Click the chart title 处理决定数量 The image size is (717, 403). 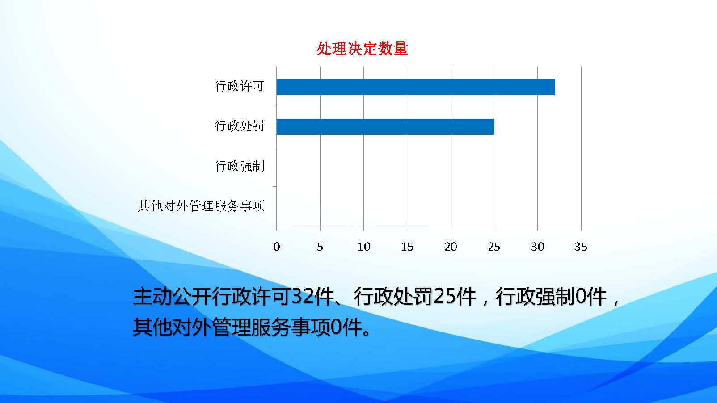click(x=362, y=49)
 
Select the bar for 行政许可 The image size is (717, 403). click(x=416, y=87)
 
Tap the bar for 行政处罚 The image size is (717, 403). click(x=385, y=126)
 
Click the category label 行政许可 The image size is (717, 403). click(x=240, y=86)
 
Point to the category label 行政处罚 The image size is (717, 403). click(x=240, y=126)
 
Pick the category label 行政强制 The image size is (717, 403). click(x=240, y=166)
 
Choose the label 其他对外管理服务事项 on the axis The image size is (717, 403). click(x=201, y=206)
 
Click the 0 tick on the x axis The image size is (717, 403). click(x=277, y=247)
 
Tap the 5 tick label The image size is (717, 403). click(x=320, y=247)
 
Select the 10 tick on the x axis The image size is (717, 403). click(x=363, y=247)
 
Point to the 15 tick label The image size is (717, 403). click(x=407, y=247)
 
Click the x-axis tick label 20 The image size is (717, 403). click(x=451, y=247)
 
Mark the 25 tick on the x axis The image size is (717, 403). click(x=494, y=247)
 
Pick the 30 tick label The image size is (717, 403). click(x=538, y=247)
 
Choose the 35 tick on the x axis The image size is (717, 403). click(x=581, y=247)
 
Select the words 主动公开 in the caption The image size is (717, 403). click(x=172, y=297)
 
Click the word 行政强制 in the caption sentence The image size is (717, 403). click(x=535, y=297)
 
